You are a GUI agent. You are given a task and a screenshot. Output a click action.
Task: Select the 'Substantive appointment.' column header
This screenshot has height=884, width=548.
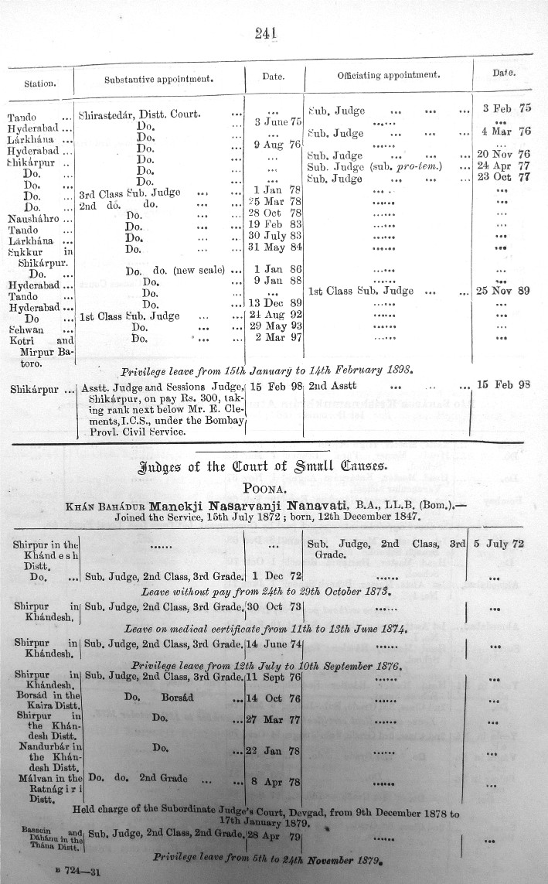(158, 78)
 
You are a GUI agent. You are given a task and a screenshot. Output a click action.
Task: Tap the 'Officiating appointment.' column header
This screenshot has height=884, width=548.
(389, 76)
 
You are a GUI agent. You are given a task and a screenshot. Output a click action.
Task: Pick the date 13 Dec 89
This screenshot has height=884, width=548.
(277, 303)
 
